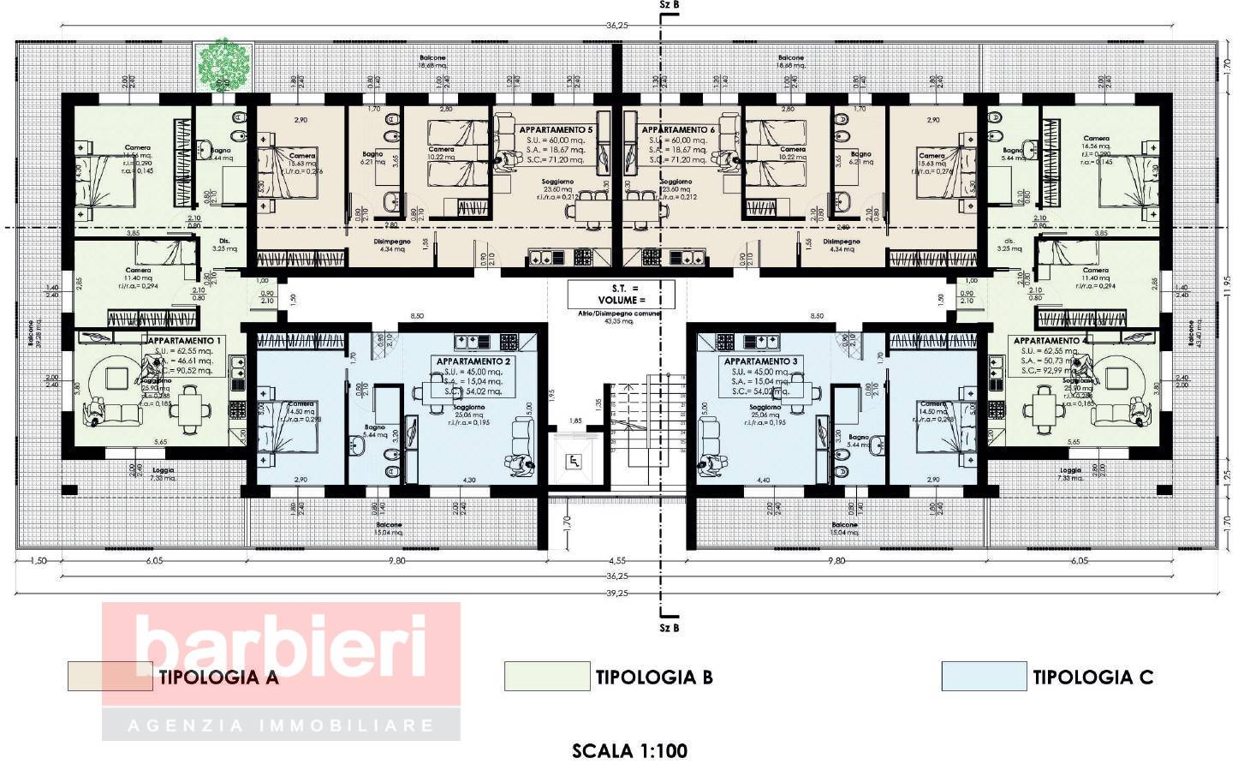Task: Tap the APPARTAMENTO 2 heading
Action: (473, 361)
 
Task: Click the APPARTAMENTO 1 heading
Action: (184, 340)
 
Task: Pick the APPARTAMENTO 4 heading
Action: (1052, 340)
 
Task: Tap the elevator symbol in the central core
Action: (574, 462)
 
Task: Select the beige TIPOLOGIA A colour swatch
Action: (110, 677)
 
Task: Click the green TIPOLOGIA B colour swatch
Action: (547, 677)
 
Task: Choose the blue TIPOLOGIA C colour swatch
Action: (983, 677)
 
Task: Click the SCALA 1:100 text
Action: (629, 751)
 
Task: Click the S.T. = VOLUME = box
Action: (621, 294)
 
